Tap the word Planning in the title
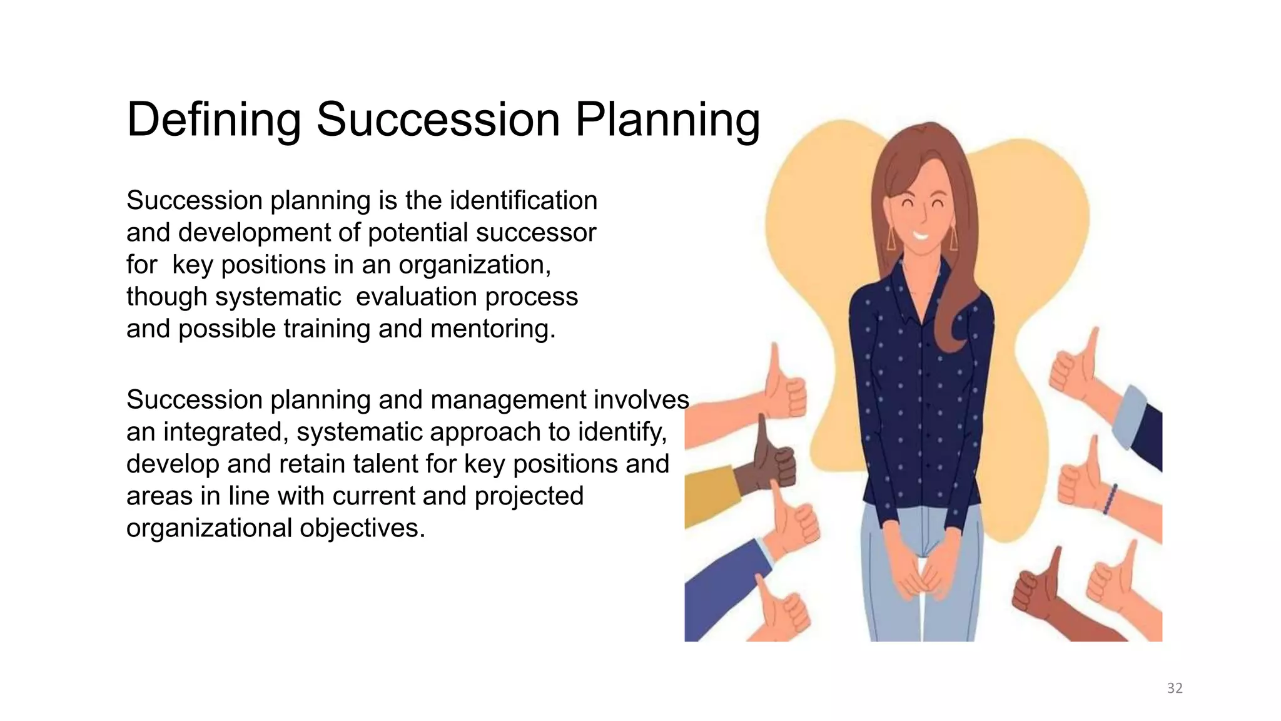click(x=667, y=120)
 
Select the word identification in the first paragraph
click(x=524, y=201)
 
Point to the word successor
click(x=536, y=233)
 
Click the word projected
click(x=529, y=496)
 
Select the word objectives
click(x=362, y=528)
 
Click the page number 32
click(x=1175, y=688)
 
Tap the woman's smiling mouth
click(x=920, y=237)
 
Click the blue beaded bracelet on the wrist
click(x=1110, y=499)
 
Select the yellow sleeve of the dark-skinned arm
click(x=710, y=494)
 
